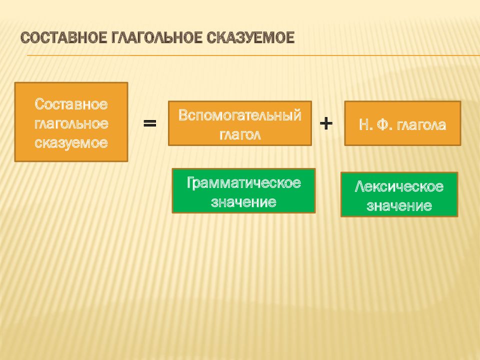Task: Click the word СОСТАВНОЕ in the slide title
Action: tap(64, 38)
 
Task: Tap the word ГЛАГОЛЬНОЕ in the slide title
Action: tap(156, 38)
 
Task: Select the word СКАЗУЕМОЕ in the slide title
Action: tap(250, 38)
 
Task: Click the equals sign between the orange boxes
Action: tap(150, 123)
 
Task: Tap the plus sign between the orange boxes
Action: tap(326, 123)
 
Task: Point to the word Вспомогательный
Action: tap(240, 115)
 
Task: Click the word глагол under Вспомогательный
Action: tap(240, 134)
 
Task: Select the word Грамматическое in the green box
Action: tap(243, 183)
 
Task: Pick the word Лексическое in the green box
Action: tap(399, 186)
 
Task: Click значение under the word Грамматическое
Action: tap(243, 201)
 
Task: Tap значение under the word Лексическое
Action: tap(399, 205)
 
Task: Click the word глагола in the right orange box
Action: tap(421, 125)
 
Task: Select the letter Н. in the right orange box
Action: tap(365, 124)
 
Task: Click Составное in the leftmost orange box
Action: tap(71, 104)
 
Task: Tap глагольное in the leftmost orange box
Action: tap(71, 123)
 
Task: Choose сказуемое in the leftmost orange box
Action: tap(71, 143)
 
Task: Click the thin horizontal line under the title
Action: tap(253, 55)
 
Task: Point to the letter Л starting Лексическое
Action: tap(360, 186)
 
